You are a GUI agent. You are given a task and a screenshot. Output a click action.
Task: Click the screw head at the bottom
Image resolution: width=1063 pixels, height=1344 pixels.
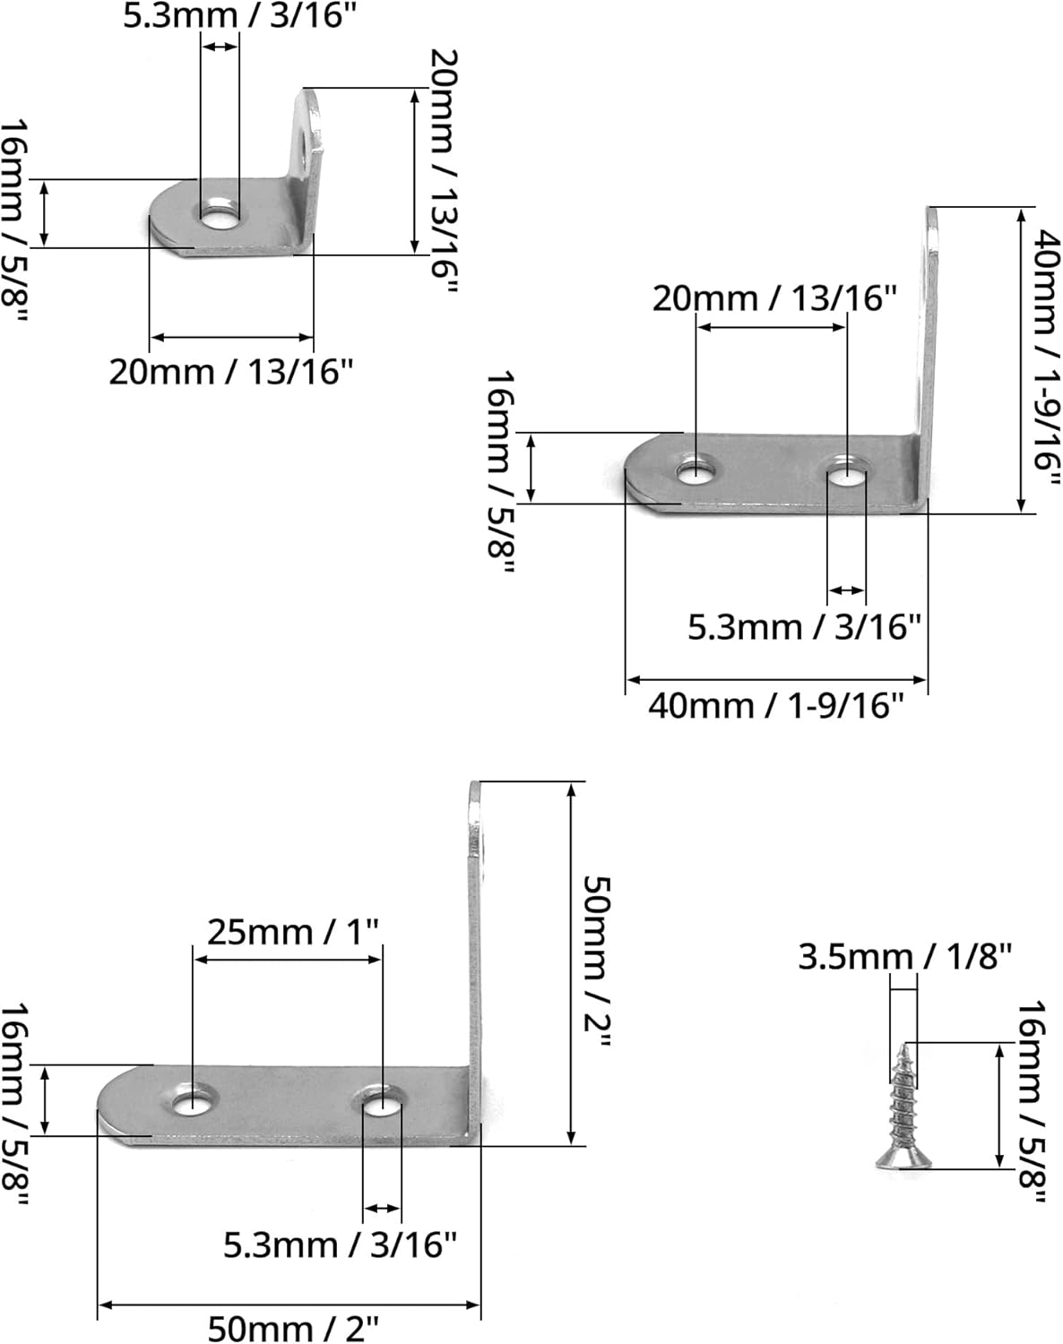[x=903, y=1162]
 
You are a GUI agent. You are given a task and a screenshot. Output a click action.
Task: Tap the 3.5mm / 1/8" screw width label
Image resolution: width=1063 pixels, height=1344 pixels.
[x=905, y=957]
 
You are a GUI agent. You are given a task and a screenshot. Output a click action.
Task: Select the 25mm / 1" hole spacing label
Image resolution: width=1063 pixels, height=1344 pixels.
[x=294, y=932]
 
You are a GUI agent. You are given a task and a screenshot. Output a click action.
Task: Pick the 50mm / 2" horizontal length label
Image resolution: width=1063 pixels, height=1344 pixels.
[x=294, y=1327]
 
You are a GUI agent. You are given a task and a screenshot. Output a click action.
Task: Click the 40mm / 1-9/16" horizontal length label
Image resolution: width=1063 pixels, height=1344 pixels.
[x=775, y=706]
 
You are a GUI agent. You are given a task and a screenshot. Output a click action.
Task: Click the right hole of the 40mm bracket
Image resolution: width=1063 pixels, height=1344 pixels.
[x=846, y=471]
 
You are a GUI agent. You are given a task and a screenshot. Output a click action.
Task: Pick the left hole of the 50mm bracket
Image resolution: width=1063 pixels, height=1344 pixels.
[x=193, y=1099]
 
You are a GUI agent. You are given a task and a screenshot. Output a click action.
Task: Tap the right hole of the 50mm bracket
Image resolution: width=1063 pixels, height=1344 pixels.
[x=383, y=1102]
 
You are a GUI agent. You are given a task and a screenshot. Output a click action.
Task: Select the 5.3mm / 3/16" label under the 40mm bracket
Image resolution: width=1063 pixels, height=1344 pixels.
[x=804, y=626]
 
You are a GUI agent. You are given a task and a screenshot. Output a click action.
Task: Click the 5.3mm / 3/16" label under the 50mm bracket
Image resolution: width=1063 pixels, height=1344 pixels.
[x=340, y=1245]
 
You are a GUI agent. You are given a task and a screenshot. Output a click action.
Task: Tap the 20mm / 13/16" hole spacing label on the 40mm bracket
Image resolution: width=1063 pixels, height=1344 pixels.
[x=773, y=297]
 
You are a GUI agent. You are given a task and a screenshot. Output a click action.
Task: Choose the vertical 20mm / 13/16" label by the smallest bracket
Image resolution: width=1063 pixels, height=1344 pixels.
[x=443, y=170]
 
